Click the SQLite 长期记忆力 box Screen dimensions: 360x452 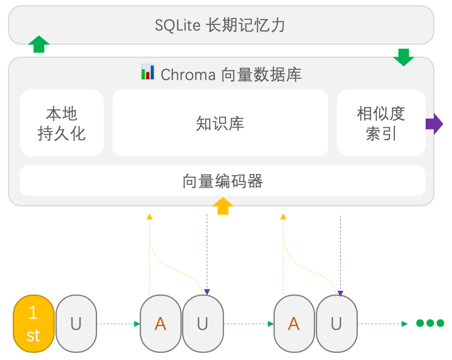pos(221,25)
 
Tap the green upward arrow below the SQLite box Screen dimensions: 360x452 pos(39,44)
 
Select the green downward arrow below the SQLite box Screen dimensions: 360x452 pos(403,57)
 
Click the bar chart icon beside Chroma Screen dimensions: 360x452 pos(148,72)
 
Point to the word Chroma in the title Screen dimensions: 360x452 pos(188,75)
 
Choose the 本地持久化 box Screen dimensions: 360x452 pos(62,123)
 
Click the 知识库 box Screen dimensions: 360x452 pos(220,123)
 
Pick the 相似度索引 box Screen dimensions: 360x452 pos(381,123)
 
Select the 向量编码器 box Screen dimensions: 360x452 pos(223,181)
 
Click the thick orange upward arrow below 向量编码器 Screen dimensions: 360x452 pos(223,206)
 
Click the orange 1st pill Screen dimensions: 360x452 pos(33,324)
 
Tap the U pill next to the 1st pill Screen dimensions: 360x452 pos(76,324)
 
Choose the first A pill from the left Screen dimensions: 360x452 pos(160,324)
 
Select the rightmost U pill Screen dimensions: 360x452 pos(336,324)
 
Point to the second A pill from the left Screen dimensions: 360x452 pos(294,324)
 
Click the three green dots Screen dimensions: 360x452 pos(430,323)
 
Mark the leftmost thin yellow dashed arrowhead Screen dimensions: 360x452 pos(149,217)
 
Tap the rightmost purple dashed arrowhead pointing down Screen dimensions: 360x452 pos(340,294)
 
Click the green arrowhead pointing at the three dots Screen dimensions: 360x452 pos(404,324)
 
